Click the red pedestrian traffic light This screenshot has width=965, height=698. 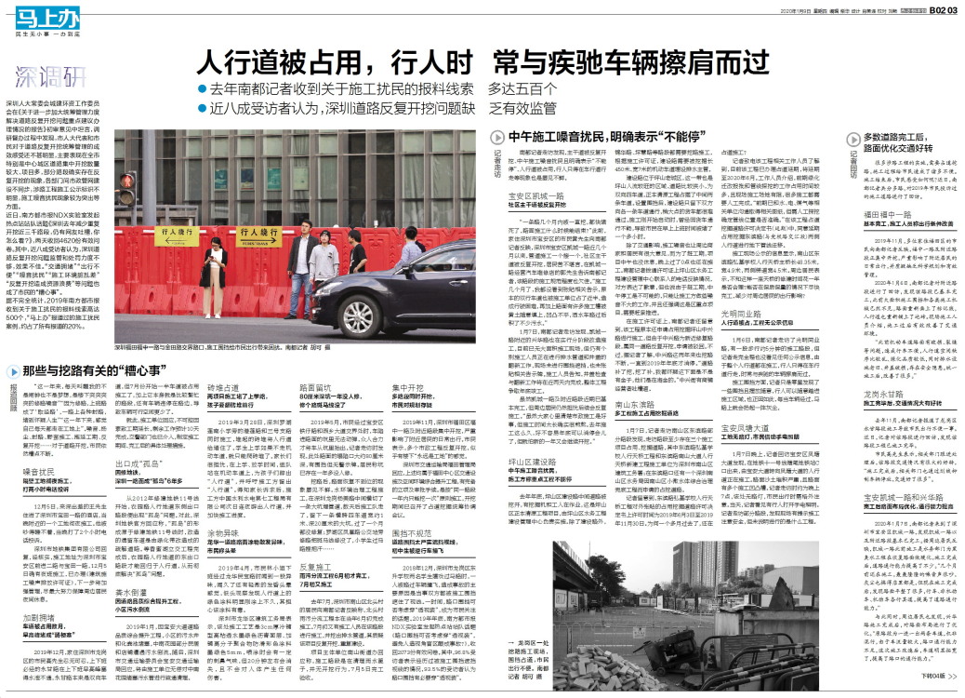[x=127, y=191]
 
